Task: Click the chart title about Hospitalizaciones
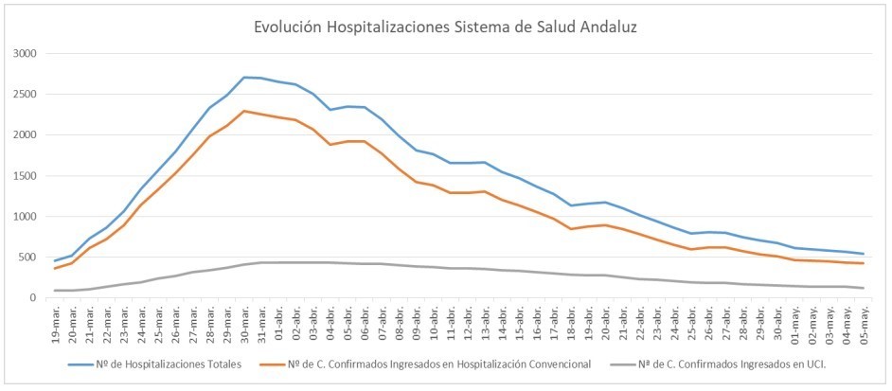[x=445, y=27]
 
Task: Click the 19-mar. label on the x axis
[x=57, y=323]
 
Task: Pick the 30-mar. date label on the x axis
[x=244, y=323]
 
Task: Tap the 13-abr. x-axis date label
[x=485, y=323]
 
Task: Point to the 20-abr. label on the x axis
[x=605, y=323]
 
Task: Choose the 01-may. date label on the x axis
[x=794, y=323]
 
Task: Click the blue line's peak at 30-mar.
[x=244, y=78]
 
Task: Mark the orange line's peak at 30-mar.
[x=244, y=111]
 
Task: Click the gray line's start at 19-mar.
[x=57, y=291]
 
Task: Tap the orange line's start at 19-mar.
[x=57, y=269]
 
